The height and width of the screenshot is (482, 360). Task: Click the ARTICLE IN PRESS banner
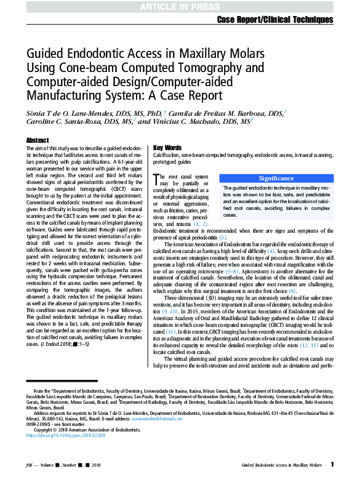tap(180, 6)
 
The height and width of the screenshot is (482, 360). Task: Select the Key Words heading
tap(167, 148)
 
